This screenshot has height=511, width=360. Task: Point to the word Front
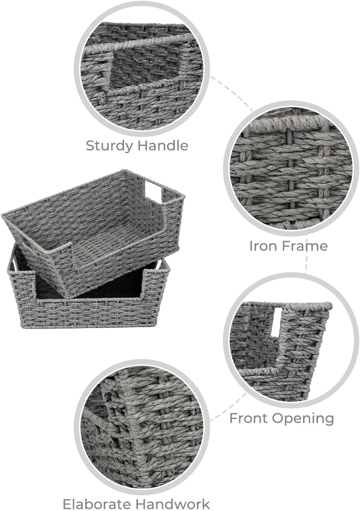[247, 418]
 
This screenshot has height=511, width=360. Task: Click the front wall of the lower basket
[89, 313]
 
